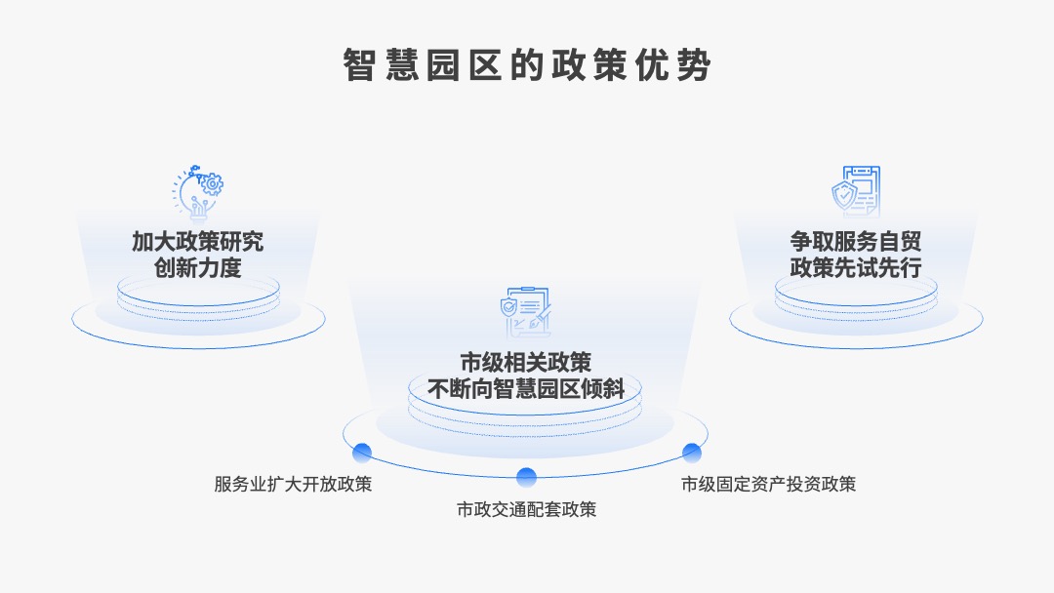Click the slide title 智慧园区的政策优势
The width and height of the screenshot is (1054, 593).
(x=527, y=65)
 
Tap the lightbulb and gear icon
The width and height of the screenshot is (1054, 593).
(x=198, y=192)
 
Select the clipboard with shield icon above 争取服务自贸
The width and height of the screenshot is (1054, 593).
(x=856, y=191)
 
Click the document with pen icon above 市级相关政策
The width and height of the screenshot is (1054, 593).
(x=526, y=312)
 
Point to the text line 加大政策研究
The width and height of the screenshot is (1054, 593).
(x=197, y=242)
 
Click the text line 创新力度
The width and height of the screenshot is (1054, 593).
(x=197, y=268)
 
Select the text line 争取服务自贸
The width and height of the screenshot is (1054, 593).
(x=855, y=242)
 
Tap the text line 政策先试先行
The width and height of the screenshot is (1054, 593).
(x=855, y=268)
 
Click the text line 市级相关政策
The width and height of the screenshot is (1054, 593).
(x=526, y=363)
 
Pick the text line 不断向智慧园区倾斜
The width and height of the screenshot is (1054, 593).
(x=526, y=389)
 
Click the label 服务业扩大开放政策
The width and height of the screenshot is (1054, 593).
(x=293, y=484)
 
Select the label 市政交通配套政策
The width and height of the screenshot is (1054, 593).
(x=526, y=510)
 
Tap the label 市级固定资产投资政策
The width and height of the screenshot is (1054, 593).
(x=768, y=484)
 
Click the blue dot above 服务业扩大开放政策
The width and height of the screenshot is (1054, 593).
(x=362, y=453)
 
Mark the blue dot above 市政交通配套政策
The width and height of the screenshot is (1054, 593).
(x=526, y=477)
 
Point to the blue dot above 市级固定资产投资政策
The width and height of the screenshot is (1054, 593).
(x=692, y=453)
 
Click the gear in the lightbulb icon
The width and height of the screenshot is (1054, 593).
(x=213, y=183)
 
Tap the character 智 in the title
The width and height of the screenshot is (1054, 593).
(x=359, y=65)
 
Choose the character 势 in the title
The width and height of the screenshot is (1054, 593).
(x=695, y=65)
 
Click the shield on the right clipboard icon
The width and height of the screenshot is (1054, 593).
(x=843, y=195)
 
